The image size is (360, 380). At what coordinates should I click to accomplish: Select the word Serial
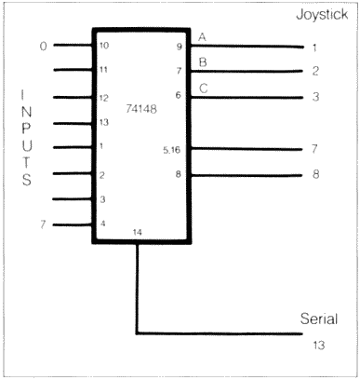tap(318, 319)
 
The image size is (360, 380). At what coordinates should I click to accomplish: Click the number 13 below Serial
tap(318, 344)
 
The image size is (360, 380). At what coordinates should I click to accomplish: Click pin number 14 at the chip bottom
tap(139, 231)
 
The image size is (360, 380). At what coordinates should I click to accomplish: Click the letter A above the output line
tap(202, 36)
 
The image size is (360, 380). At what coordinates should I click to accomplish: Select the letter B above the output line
tap(202, 62)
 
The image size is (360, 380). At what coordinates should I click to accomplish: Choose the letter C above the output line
tap(202, 88)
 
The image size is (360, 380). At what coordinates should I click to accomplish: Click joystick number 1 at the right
tap(315, 46)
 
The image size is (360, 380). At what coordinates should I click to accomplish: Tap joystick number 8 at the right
tap(315, 174)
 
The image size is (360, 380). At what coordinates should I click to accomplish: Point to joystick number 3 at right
tap(315, 97)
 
